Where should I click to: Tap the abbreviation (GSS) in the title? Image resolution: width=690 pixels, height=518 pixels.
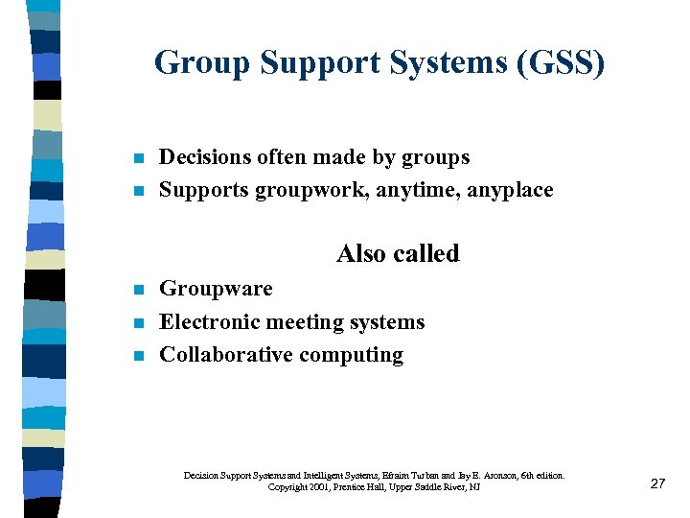tap(561, 63)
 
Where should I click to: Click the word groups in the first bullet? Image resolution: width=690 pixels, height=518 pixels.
tap(437, 157)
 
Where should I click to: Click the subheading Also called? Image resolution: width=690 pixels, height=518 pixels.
tap(398, 253)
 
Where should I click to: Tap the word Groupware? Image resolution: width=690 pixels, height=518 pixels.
tap(216, 289)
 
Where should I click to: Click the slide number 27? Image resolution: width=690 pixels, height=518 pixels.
tap(657, 483)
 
